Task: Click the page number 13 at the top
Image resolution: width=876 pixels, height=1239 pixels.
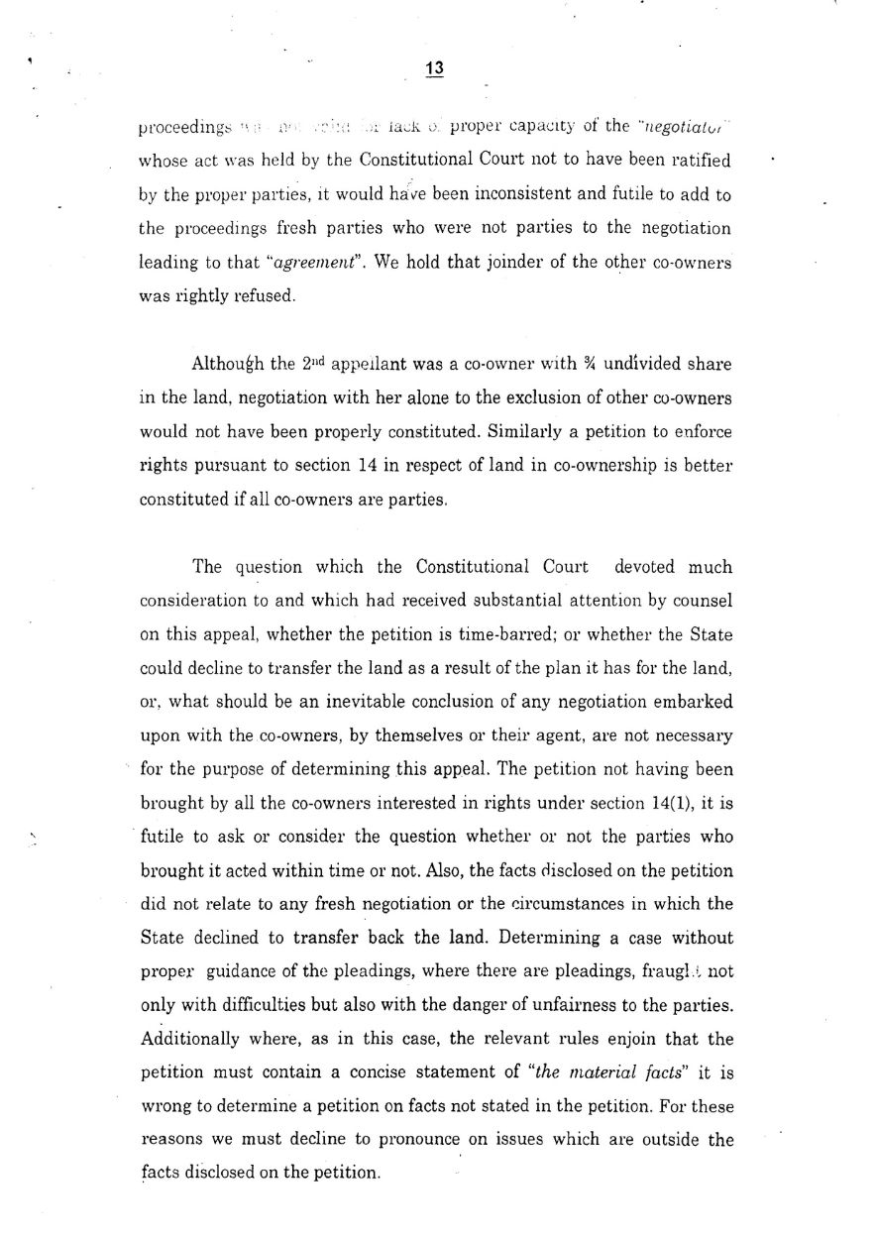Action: (x=433, y=68)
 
